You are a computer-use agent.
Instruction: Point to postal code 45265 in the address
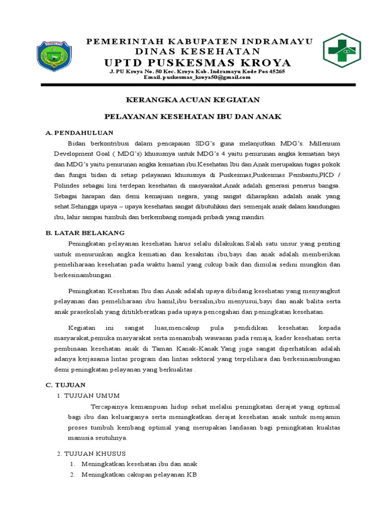click(274, 71)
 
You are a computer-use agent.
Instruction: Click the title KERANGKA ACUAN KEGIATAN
click(192, 100)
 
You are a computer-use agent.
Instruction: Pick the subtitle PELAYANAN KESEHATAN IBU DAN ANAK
click(192, 116)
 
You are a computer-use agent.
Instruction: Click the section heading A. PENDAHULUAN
click(79, 133)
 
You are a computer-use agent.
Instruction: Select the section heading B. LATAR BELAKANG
click(85, 233)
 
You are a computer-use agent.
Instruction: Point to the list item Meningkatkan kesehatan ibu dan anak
click(140, 464)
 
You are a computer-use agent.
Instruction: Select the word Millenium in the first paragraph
click(323, 143)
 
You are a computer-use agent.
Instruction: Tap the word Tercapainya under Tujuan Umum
click(109, 406)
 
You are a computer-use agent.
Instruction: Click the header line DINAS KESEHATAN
click(198, 51)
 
